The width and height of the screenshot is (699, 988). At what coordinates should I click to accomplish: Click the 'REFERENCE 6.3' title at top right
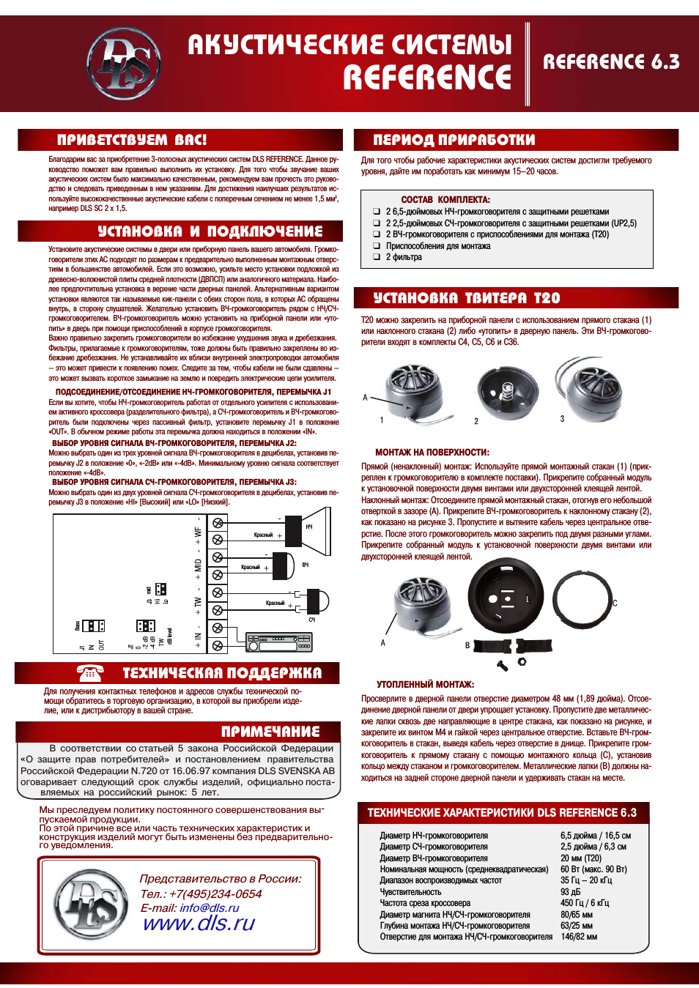pyautogui.click(x=611, y=62)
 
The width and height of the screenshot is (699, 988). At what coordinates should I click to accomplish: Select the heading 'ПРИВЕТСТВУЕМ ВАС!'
pyautogui.click(x=132, y=140)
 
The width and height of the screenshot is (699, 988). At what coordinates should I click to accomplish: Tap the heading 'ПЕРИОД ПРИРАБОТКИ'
pyautogui.click(x=454, y=140)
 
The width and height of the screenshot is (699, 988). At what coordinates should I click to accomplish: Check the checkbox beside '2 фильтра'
pyautogui.click(x=376, y=258)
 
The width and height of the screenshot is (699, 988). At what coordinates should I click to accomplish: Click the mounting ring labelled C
pyautogui.click(x=582, y=601)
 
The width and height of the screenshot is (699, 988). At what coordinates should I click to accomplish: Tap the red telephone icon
pyautogui.click(x=91, y=672)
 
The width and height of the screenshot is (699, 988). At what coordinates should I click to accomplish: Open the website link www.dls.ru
pyautogui.click(x=199, y=923)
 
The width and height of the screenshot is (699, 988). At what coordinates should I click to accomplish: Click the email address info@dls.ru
pyautogui.click(x=210, y=907)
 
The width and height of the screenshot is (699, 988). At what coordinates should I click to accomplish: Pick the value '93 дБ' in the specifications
pyautogui.click(x=570, y=892)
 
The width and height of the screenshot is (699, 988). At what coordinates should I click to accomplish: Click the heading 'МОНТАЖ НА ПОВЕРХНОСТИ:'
pyautogui.click(x=432, y=453)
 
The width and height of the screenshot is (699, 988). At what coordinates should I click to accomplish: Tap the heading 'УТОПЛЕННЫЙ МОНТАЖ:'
pyautogui.click(x=425, y=684)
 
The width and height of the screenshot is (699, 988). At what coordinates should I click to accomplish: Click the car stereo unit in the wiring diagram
pyautogui.click(x=279, y=643)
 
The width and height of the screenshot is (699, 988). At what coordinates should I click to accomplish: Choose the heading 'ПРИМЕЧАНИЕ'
pyautogui.click(x=270, y=731)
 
